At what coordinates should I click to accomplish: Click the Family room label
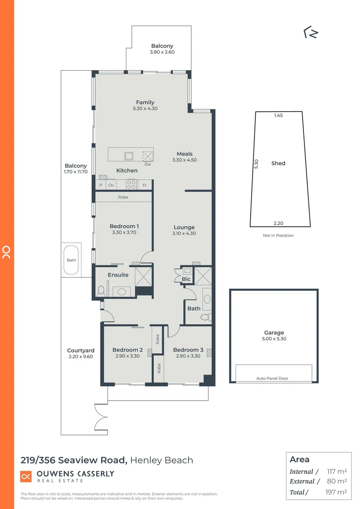pos(145,102)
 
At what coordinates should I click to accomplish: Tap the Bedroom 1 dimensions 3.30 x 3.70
pos(124,232)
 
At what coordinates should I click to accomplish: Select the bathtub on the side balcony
pos(72,260)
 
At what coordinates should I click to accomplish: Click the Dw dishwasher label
pos(147,164)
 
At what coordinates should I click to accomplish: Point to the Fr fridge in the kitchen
pos(145,185)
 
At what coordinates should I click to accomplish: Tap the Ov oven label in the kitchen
pos(111,185)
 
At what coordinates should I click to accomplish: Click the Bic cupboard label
pos(186,279)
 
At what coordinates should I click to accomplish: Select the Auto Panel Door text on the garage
pos(272,378)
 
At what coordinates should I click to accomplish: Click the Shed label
pos(278,164)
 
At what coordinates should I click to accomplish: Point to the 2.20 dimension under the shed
pos(278,223)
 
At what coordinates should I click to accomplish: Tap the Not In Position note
pos(278,235)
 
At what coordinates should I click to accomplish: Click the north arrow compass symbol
pos(311,33)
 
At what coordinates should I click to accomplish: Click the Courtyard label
pos(81,350)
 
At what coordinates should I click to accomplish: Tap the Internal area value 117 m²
pos(336,471)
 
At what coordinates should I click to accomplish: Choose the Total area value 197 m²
pos(336,492)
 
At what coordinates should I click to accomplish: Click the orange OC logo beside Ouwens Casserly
pos(26,476)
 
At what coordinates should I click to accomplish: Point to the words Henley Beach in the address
pos(162,460)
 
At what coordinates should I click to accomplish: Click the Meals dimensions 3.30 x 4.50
pos(184,160)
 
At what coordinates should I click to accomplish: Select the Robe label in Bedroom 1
pos(123,197)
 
